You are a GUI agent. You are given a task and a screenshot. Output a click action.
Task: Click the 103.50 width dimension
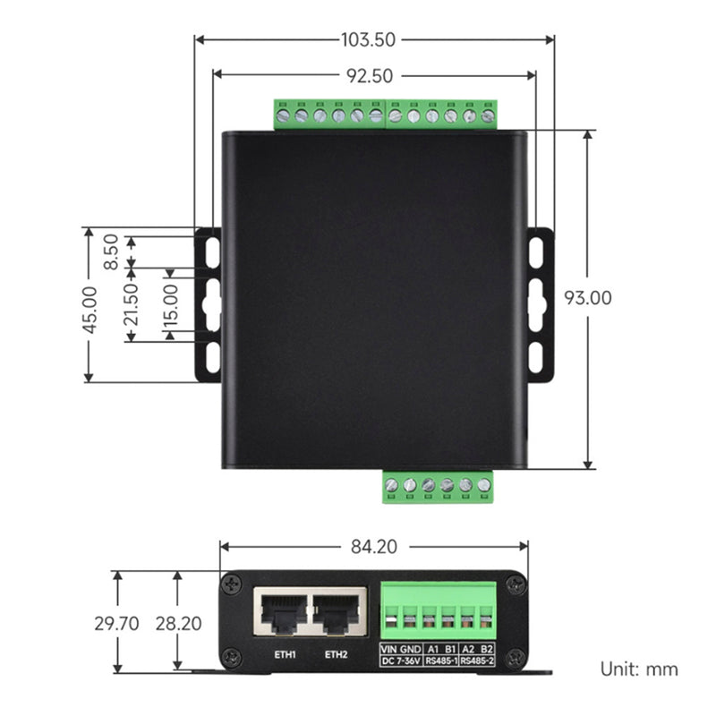click(371, 39)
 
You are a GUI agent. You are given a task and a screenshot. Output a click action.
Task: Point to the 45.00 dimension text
click(89, 310)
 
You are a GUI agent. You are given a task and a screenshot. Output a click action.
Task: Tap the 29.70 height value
click(117, 624)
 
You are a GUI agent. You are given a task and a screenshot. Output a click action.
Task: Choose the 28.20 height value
click(178, 624)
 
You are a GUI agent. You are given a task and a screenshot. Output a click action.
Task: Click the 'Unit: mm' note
click(639, 669)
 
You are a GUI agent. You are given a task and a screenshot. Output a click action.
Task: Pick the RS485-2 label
click(477, 661)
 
